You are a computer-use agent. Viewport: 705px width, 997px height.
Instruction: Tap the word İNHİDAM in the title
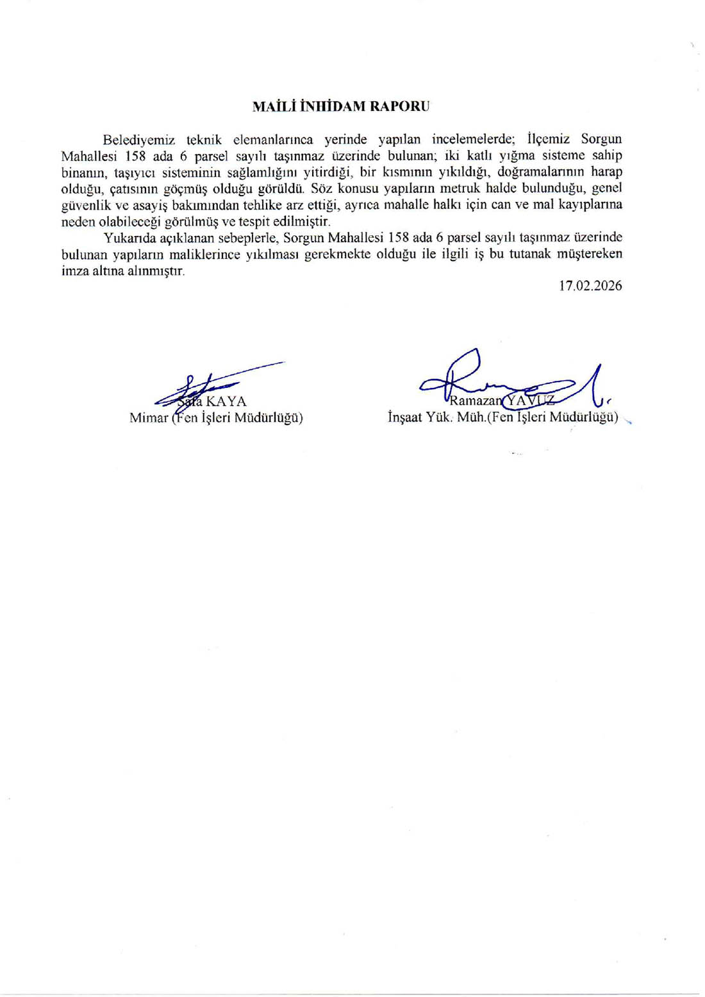point(329,106)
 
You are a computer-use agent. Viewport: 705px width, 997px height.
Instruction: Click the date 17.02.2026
point(590,286)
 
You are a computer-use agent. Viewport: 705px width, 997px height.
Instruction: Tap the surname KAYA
point(226,402)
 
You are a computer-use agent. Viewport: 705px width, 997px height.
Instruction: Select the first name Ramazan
point(474,402)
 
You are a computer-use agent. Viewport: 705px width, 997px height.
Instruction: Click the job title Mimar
point(149,418)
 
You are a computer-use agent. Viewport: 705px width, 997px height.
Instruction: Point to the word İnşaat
point(404,418)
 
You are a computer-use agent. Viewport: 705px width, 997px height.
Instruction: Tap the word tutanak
point(533,255)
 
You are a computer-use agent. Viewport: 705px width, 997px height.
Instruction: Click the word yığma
point(517,156)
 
